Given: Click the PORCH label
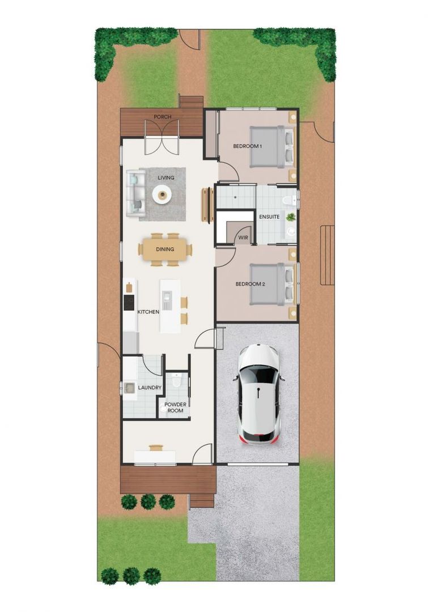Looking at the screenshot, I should (163, 117).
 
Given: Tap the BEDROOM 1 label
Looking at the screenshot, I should (248, 146).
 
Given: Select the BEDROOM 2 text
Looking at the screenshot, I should (250, 284).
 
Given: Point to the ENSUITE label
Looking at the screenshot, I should (269, 217).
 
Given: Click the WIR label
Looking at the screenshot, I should (244, 237).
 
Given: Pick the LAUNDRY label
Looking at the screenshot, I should (150, 388).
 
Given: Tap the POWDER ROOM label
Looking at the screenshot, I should (175, 407).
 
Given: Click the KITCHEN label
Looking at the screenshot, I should (148, 312).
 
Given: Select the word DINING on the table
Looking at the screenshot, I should (165, 249).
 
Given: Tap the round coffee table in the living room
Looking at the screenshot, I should (163, 195).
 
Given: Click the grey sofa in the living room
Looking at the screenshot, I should (135, 194).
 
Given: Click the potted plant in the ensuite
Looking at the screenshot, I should (291, 217).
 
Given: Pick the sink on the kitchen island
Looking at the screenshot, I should (167, 296).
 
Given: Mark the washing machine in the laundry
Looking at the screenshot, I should (129, 388).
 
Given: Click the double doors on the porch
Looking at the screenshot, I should (162, 139).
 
